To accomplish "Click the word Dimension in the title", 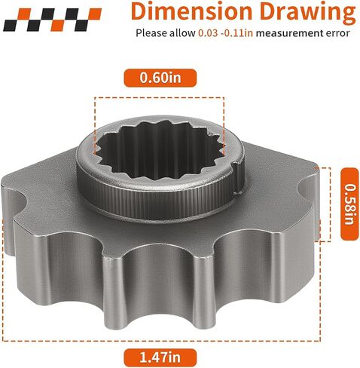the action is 191,11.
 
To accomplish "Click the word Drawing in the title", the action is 308,13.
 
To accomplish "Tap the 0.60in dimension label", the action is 160,78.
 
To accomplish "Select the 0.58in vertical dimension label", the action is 349,204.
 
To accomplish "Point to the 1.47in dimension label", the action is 160,357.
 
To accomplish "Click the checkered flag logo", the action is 52,20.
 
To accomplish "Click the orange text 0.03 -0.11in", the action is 225,33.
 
